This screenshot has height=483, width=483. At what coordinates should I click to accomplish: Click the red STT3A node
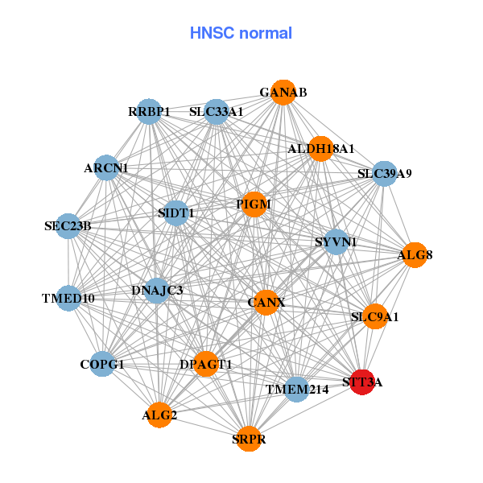(x=363, y=382)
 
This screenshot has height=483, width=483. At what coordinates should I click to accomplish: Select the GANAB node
(x=283, y=93)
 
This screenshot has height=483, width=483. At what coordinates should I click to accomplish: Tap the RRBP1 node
(x=150, y=111)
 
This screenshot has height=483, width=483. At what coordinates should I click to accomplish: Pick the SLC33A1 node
(x=216, y=111)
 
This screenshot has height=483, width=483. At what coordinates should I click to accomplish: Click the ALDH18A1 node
(x=320, y=149)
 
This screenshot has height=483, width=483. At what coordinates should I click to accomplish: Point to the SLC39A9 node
(x=385, y=173)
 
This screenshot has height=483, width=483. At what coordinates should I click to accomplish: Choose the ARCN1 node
(x=106, y=168)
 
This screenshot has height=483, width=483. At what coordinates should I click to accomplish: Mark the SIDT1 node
(x=175, y=213)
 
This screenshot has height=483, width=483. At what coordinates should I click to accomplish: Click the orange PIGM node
(x=254, y=205)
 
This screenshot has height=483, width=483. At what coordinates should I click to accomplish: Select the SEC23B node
(x=69, y=225)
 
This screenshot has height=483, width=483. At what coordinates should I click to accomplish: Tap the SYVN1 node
(x=336, y=242)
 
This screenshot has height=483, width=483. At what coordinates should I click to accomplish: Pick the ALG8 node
(x=415, y=255)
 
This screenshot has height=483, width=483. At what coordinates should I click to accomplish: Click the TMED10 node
(x=69, y=299)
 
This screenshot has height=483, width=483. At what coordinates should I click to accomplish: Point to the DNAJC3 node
(x=157, y=290)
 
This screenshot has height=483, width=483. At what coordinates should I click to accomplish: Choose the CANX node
(x=266, y=303)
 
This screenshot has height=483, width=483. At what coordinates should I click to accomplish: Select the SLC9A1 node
(x=374, y=316)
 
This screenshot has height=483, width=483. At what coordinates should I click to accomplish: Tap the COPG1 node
(x=102, y=364)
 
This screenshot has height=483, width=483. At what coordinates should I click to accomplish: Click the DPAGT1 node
(x=206, y=364)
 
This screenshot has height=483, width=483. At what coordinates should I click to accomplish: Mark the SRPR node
(x=249, y=439)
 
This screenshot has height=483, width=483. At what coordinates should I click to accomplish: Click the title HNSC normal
(x=241, y=33)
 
